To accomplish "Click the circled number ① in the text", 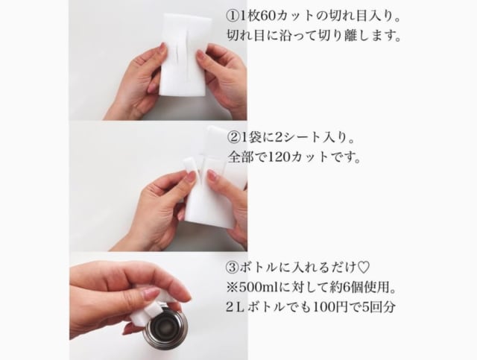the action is (233, 16).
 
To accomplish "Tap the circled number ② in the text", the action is (233, 138).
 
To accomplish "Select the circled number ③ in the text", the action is (233, 268).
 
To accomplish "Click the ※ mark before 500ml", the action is (233, 287).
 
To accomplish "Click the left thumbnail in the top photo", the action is (163, 48).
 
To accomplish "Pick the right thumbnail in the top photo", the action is (200, 55).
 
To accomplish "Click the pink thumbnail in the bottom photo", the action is (151, 294).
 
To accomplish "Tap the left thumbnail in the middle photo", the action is (191, 176).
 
